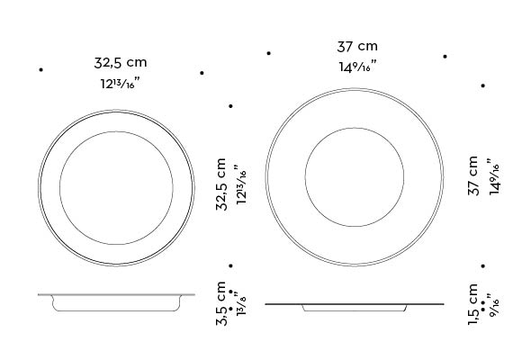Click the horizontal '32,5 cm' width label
[121, 63]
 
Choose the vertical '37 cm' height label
[473, 177]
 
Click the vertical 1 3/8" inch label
[239, 304]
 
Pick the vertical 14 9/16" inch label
[491, 179]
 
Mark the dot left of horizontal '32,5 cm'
[40, 69]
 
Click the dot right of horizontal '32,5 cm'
[202, 72]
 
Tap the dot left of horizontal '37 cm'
[268, 53]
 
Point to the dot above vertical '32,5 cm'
[230, 106]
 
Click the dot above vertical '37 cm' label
[483, 86]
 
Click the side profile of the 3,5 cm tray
[115, 301]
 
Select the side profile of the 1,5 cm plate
[354, 307]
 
